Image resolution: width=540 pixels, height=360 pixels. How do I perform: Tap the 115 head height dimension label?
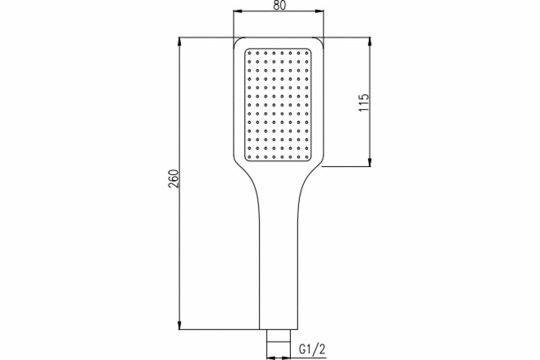coord(364,102)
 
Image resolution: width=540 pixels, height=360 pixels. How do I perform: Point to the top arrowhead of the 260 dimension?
coord(180,41)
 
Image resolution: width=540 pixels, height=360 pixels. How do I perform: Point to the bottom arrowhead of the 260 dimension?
coord(180,325)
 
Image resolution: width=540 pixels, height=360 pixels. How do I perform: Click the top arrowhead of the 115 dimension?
coord(370,41)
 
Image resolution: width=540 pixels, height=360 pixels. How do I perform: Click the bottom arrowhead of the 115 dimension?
coord(370,162)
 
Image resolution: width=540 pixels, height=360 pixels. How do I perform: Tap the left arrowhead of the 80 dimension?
coord(236,13)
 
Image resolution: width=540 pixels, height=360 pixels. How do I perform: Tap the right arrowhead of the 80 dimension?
coord(320,13)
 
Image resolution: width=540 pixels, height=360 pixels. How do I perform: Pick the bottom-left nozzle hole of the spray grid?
coord(249,156)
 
